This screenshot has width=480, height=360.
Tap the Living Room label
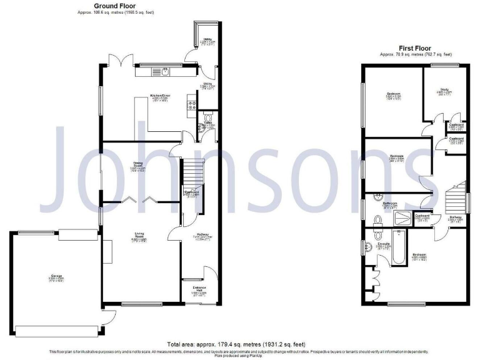[139, 236]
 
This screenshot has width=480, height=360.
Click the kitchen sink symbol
[164, 72]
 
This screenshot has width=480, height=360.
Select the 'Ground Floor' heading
[115, 5]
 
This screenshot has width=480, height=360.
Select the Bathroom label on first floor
[390, 204]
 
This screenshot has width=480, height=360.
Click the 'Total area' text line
[240, 344]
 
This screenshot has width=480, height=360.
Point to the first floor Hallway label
[455, 218]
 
